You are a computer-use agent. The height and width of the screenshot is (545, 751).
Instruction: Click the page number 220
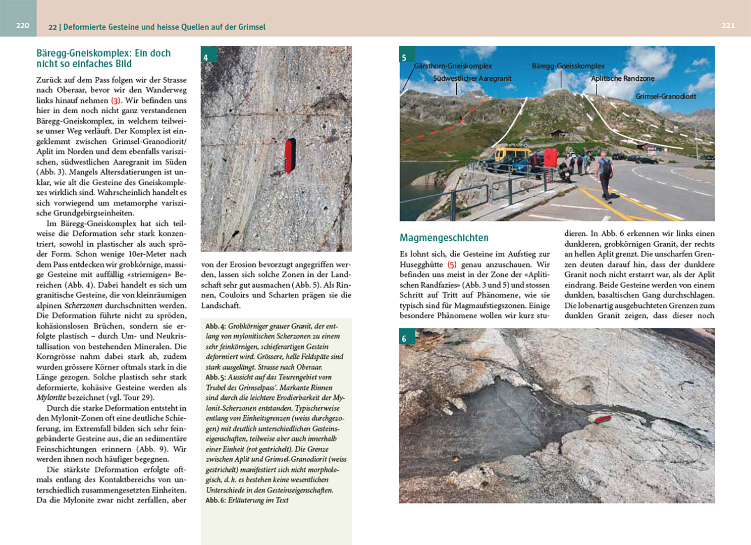23,25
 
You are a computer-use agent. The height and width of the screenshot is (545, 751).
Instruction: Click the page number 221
728,25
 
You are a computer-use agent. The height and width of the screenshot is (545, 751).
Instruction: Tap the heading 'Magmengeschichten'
444,238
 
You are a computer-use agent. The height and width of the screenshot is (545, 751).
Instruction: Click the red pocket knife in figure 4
290,156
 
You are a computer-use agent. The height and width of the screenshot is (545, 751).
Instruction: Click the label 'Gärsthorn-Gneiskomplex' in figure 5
453,66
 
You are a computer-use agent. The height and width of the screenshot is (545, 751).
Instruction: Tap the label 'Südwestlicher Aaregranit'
472,79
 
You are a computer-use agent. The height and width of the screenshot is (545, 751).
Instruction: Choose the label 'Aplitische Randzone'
622,79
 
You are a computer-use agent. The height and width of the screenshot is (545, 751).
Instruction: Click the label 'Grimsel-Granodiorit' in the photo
665,96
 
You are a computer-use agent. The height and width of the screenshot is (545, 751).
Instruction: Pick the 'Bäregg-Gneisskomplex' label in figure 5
568,66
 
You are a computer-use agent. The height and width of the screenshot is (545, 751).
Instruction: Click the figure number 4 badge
205,58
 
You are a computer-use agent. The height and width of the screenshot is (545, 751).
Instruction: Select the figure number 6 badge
404,339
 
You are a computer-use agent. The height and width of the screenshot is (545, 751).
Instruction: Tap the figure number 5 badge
404,58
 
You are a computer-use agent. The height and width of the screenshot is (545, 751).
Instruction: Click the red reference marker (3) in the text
116,100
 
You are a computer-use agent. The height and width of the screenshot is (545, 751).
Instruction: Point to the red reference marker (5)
452,264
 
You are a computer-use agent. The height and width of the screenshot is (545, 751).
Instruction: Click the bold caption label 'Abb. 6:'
216,500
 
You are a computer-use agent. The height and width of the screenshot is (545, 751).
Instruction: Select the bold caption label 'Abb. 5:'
216,377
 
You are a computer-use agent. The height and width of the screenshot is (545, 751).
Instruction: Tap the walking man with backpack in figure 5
604,173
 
